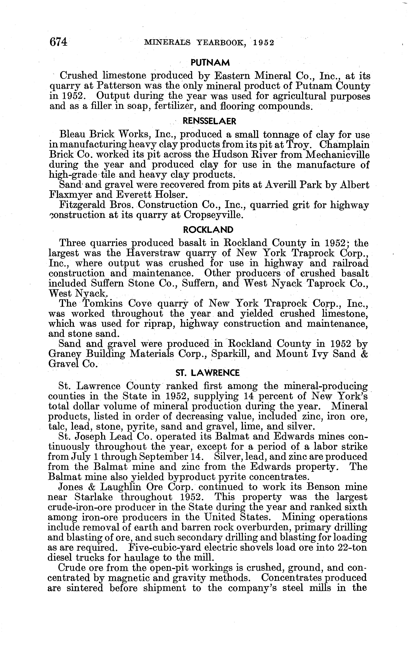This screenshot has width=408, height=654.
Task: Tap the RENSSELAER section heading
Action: click(x=209, y=121)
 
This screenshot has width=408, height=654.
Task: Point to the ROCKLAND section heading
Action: click(x=208, y=230)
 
